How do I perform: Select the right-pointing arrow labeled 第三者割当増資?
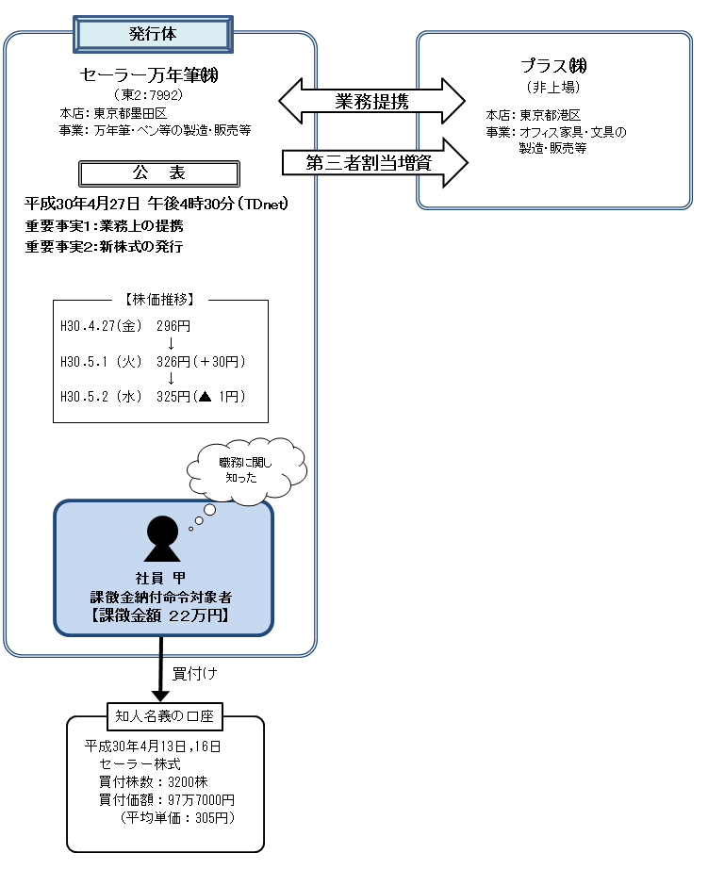coord(374,162)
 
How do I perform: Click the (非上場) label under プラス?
coord(553,87)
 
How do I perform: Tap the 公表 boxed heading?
coord(158,173)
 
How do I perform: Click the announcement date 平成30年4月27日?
coord(83,204)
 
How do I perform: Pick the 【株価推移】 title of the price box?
coord(159,300)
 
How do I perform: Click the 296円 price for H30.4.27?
coord(173,326)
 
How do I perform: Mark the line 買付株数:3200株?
coord(154,781)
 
